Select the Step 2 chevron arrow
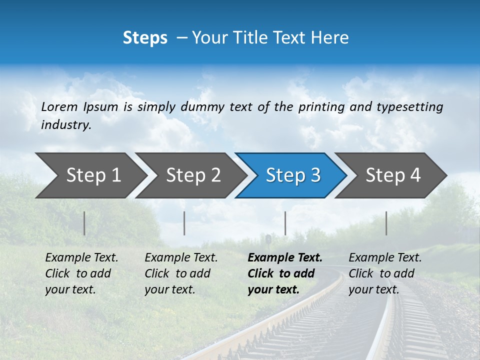coord(193,175)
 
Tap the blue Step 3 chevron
coord(293,175)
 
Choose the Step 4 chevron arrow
coord(393,175)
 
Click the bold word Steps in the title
coord(145,37)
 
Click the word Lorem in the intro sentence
coord(59,106)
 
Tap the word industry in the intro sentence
coord(66,124)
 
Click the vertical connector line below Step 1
coord(84,223)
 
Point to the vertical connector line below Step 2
coord(184,223)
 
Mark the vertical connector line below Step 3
coord(285,223)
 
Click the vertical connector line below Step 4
coord(386,223)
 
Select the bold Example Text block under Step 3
coord(284,273)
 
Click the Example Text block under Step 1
coord(81,273)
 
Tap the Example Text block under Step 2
coord(181,273)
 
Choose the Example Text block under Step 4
coord(385,273)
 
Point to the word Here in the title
coord(331,37)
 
